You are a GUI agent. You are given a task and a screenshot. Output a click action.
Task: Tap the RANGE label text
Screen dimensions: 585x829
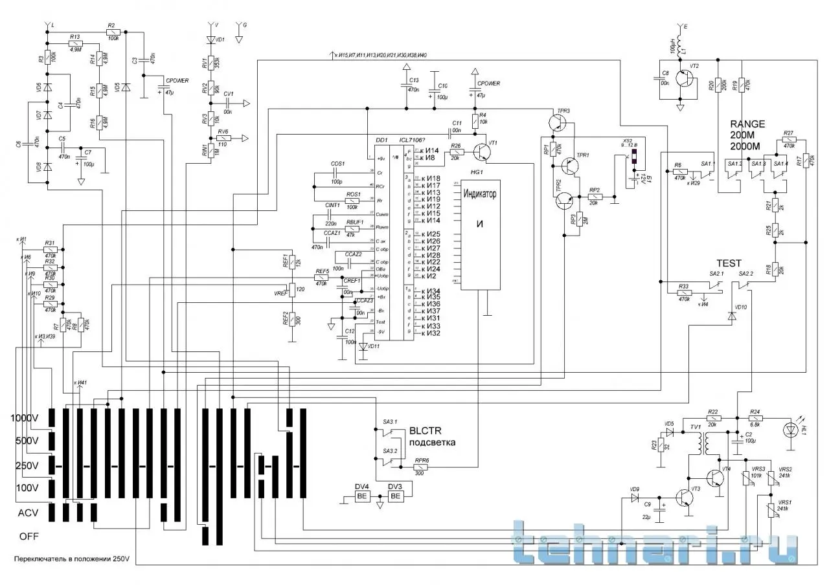click(x=747, y=124)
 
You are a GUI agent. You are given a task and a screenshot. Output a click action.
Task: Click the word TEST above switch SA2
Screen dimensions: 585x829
click(x=728, y=263)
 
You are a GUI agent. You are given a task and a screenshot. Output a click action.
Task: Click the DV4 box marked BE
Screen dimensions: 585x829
click(x=362, y=496)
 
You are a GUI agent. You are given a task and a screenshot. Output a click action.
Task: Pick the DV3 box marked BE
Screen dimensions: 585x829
click(x=395, y=496)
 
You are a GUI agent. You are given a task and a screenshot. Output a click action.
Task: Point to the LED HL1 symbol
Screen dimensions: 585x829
click(x=790, y=429)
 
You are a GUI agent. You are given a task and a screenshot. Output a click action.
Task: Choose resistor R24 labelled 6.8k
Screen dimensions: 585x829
click(x=755, y=418)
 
